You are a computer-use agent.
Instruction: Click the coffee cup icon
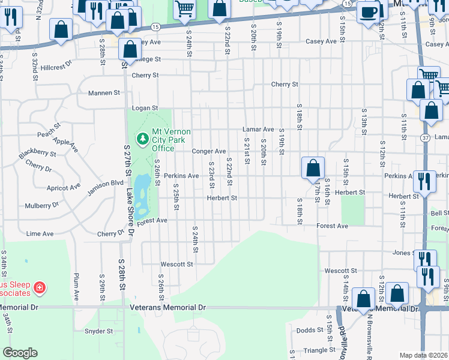pos(367,12)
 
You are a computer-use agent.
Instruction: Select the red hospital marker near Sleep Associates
pos(40,289)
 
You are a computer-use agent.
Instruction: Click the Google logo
pos(20,353)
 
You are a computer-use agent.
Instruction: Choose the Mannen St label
pos(104,93)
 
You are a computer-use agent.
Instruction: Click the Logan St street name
pos(144,108)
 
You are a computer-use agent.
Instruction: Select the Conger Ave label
pos(208,151)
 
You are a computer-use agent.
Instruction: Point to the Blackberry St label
pos(37,154)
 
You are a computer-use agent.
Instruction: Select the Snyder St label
pos(98,331)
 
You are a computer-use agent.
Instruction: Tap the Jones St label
pos(405,253)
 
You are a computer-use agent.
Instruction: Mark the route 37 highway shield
pos(425,137)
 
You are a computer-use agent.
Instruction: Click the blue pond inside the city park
pos(142,195)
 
